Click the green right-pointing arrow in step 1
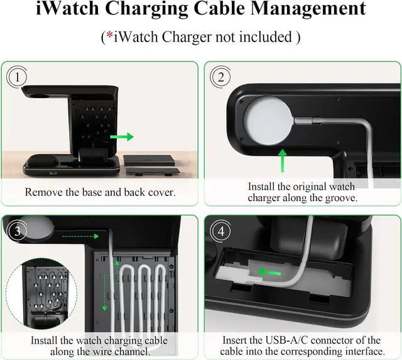pyautogui.click(x=122, y=136)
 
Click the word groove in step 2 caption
pyautogui.click(x=337, y=199)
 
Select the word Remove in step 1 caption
pyautogui.click(x=43, y=192)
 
